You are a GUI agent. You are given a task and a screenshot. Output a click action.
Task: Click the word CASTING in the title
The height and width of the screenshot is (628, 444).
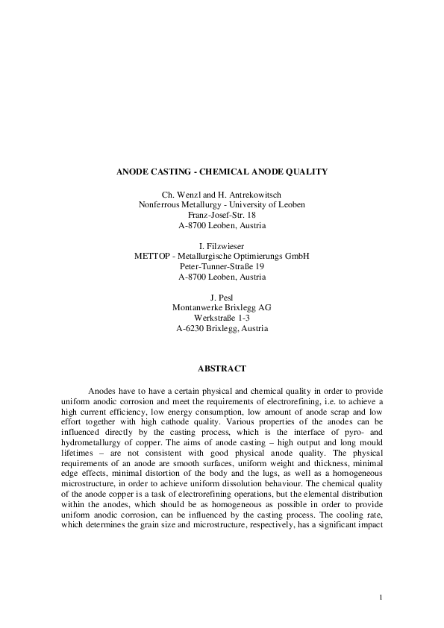tap(168, 172)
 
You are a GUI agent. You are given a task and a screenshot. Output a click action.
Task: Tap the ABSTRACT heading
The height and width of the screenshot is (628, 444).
tap(222, 368)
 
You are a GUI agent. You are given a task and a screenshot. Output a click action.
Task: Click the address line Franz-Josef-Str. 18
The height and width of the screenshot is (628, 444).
tap(222, 214)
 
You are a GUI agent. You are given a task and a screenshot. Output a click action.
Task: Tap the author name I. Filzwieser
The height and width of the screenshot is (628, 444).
tap(222, 245)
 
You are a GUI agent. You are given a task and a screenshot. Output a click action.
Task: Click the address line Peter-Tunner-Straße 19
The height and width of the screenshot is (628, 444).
tap(222, 266)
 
